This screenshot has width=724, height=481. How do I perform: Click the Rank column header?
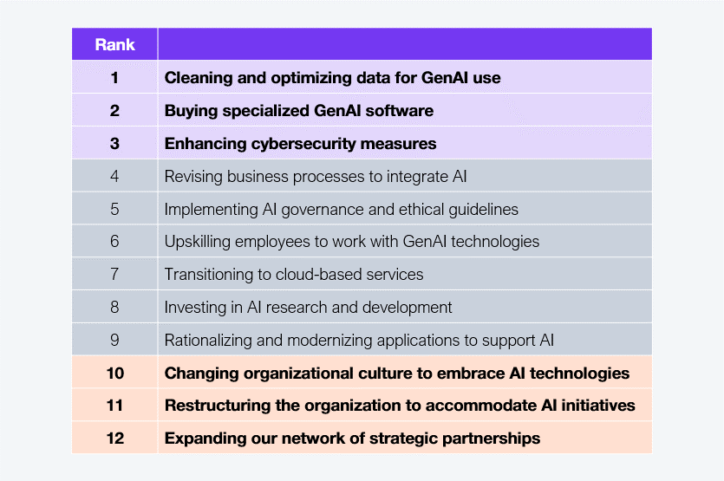tap(115, 45)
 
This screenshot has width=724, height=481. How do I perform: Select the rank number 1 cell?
tap(114, 77)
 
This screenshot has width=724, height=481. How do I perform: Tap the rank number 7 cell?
tap(114, 274)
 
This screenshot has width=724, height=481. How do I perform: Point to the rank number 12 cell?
tap(114, 438)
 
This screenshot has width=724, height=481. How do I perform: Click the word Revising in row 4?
tap(193, 177)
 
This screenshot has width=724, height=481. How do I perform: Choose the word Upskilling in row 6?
tap(198, 242)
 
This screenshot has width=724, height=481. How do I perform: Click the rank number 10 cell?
tap(114, 373)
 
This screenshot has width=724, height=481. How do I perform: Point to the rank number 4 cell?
tap(114, 176)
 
